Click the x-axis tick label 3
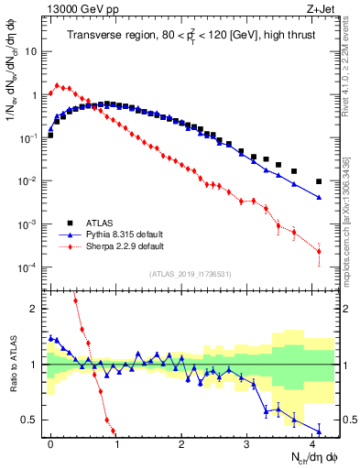[x=247, y=443]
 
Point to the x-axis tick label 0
[x=50, y=443]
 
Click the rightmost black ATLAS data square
[x=319, y=181]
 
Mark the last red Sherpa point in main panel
[x=319, y=251]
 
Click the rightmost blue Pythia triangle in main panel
[x=319, y=197]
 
